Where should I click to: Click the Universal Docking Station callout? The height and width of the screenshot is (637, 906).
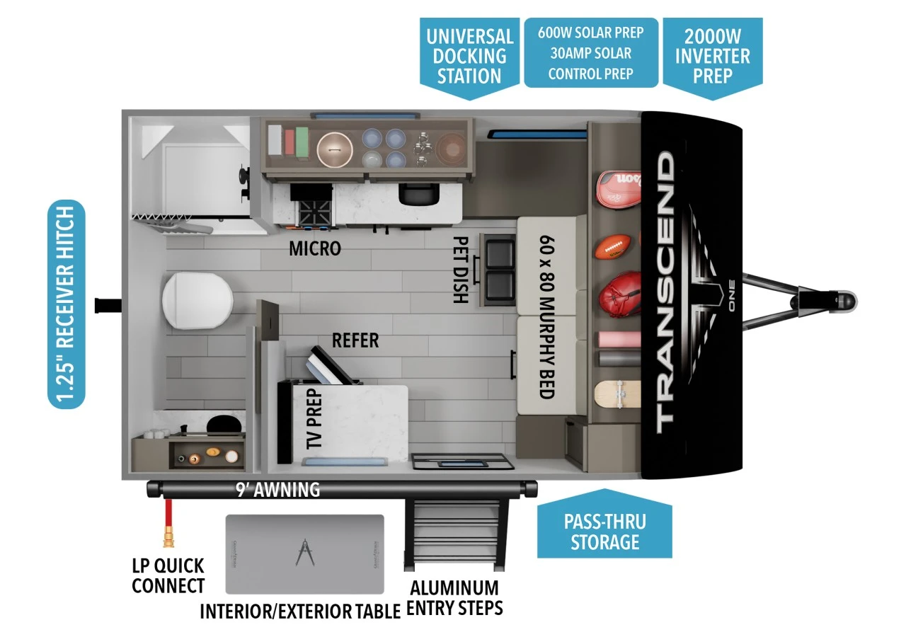(x=469, y=56)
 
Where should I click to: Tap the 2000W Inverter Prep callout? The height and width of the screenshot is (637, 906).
(x=712, y=55)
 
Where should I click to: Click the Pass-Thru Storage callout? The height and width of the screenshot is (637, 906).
(x=604, y=532)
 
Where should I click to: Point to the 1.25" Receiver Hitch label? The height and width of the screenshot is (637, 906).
(x=66, y=304)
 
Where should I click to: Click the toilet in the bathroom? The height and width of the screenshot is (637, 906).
(x=196, y=302)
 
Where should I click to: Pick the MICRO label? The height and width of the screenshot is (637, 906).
(x=315, y=249)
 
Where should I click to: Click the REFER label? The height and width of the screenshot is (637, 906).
(x=355, y=340)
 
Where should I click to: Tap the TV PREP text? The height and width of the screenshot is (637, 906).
(x=314, y=418)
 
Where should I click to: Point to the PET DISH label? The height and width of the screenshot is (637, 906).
(x=459, y=270)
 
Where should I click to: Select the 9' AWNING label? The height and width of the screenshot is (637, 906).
(x=277, y=489)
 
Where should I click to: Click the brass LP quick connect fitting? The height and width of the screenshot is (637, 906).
(x=169, y=539)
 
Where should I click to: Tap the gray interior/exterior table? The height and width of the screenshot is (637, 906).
(x=304, y=553)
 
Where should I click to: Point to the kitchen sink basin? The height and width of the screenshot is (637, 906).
(x=415, y=193)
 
